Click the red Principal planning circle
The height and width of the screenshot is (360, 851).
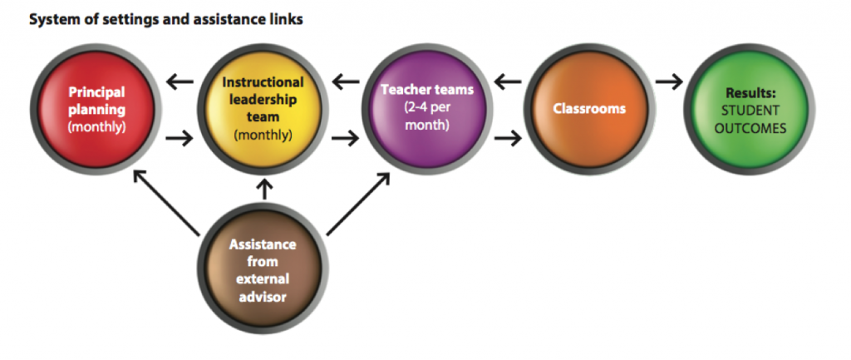pos(96,110)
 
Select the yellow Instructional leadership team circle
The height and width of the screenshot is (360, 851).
pos(263,110)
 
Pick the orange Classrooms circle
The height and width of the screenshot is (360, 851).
pos(589,110)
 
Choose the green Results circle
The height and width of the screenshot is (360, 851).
pos(749,110)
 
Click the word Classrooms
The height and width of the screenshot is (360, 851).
pos(589,109)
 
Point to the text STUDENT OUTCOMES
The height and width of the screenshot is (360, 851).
pos(750,120)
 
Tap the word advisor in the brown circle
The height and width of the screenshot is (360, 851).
pos(263,298)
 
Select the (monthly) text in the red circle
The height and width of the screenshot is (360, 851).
pos(96,128)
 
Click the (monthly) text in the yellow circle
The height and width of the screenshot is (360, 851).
pos(263,135)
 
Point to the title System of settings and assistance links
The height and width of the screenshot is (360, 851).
pos(165,20)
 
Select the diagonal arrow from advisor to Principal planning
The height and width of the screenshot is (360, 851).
pos(166,203)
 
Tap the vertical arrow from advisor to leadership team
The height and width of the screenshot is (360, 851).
pos(265,189)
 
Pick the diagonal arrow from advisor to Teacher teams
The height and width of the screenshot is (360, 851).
pos(359,205)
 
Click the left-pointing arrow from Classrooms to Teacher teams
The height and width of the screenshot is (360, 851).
pos(508,83)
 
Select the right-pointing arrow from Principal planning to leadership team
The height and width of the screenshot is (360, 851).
pos(180,139)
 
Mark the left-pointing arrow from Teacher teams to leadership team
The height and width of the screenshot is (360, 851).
pos(346,83)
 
